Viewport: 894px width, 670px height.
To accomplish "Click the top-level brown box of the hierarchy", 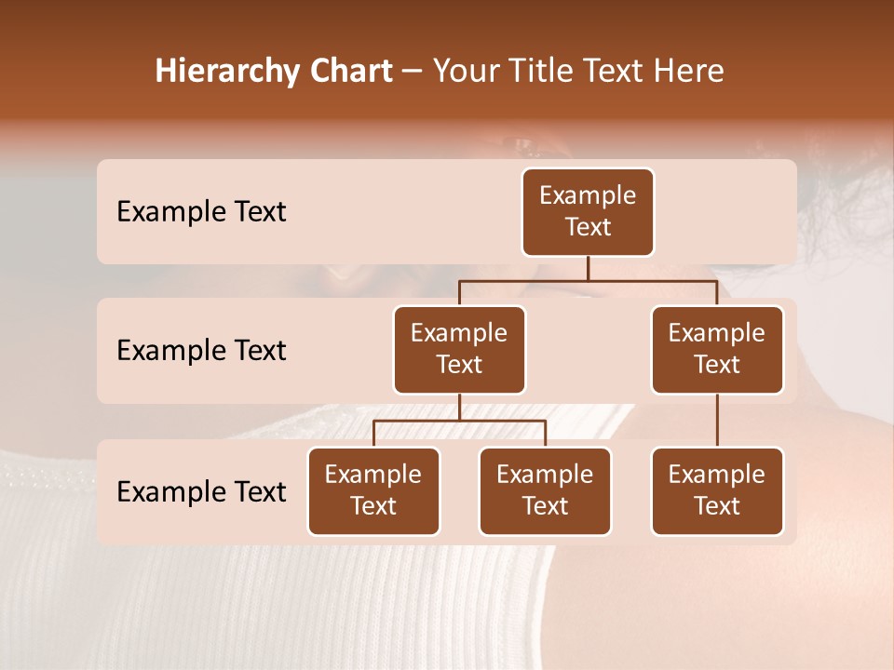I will (x=588, y=212).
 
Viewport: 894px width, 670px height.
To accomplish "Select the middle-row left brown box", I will (x=459, y=349).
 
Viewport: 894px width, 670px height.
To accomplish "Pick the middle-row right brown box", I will (x=717, y=349).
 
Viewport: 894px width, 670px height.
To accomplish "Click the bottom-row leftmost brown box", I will (x=373, y=490).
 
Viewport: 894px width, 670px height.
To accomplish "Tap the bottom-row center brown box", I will (x=545, y=490).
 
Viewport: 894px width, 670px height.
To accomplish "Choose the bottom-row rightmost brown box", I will (x=717, y=490).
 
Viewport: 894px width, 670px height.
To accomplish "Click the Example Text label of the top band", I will (x=201, y=212).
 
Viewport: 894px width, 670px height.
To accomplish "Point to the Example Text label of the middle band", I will (x=201, y=351).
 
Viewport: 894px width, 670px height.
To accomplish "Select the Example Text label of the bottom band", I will (x=201, y=491).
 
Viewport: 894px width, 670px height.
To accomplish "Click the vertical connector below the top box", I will (x=588, y=269).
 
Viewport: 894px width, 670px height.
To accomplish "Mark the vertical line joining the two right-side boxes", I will (x=717, y=421).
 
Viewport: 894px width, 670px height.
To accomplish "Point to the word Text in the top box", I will (x=588, y=227).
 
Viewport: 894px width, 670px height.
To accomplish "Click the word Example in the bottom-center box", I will (x=545, y=475).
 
